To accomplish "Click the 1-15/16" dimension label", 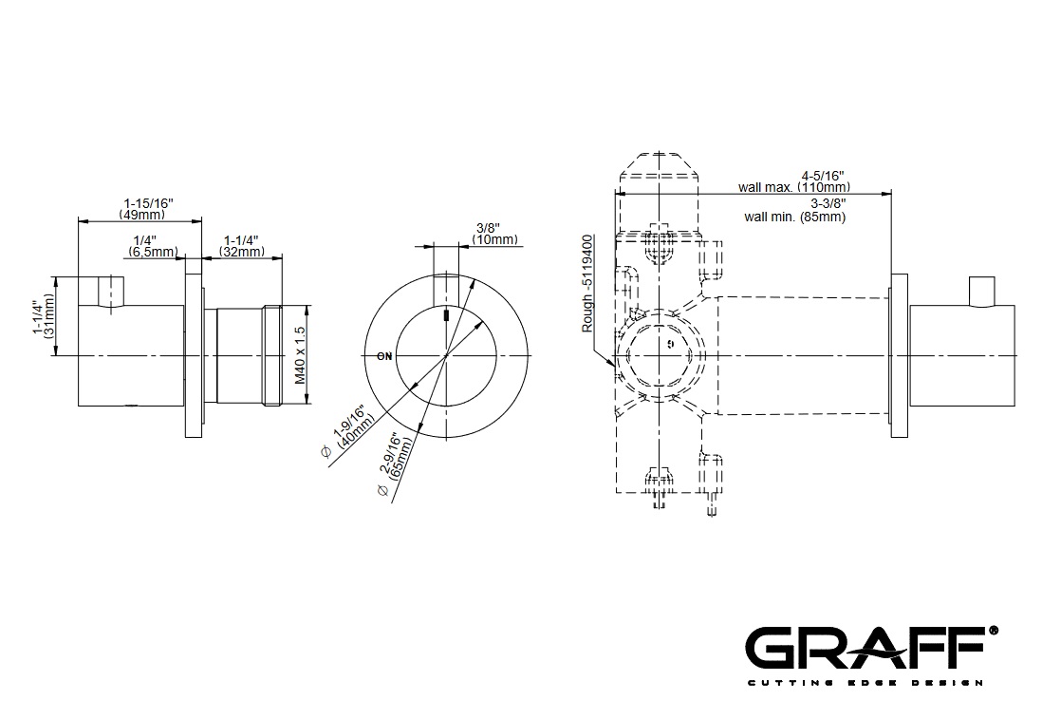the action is (148, 203).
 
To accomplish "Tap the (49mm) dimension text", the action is (142, 215).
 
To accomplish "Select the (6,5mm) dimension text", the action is (154, 252).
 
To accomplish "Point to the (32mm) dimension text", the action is (241, 252).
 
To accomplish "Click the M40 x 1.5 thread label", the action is (301, 354).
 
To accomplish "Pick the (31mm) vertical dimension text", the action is (49, 321).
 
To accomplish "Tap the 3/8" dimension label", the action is (488, 228).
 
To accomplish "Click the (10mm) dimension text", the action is (494, 239).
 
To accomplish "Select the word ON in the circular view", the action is (384, 356).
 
